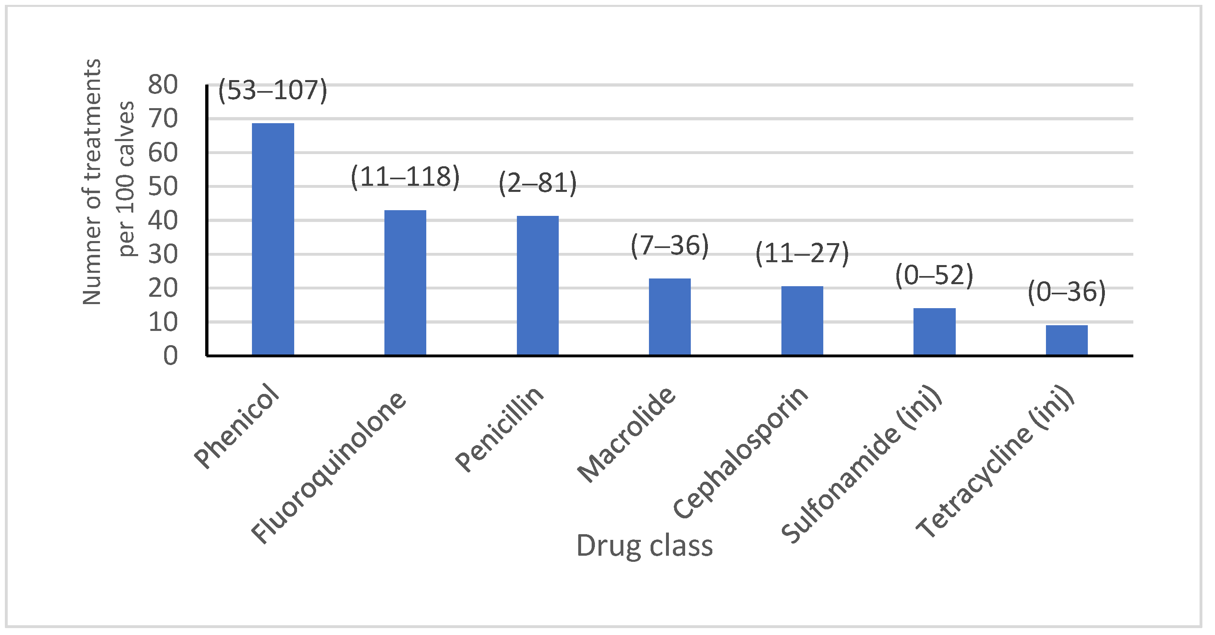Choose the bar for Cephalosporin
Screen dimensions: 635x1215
802,320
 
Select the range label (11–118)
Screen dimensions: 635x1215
405,177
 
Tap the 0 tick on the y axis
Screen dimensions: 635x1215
171,356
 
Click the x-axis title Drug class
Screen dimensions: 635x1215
644,546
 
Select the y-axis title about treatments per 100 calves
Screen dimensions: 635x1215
108,182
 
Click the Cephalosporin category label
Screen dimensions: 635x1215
740,453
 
